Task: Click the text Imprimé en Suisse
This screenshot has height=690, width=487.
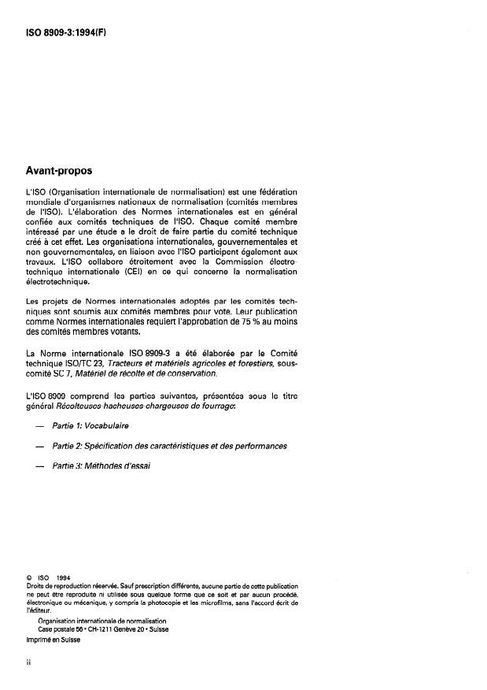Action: click(x=53, y=639)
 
